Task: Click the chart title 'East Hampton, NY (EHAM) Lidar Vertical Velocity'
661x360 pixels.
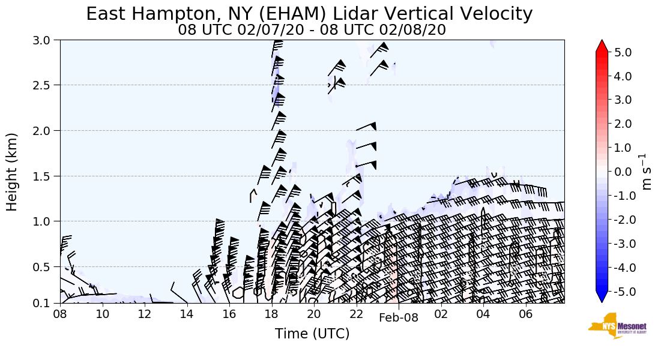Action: [x=309, y=14]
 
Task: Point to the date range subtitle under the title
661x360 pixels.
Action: [x=312, y=30]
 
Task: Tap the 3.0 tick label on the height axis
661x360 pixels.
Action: [x=44, y=40]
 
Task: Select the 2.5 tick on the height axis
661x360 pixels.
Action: [x=44, y=85]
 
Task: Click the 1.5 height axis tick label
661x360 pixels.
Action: [x=44, y=176]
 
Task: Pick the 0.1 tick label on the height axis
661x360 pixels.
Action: [x=44, y=304]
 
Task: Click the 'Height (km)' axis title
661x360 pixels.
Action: [x=13, y=172]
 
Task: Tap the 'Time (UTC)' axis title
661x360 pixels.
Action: [x=312, y=334]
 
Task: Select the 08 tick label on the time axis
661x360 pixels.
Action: [x=60, y=314]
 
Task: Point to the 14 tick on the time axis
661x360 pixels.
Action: [x=187, y=314]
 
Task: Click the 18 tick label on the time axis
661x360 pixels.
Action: [x=271, y=314]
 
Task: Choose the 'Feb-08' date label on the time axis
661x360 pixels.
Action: [x=399, y=318]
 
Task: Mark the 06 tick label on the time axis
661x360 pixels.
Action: [x=525, y=314]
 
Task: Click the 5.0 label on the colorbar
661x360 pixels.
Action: [x=623, y=52]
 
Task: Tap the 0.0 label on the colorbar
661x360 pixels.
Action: [x=623, y=172]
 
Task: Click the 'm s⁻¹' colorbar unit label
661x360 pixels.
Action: [x=647, y=172]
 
